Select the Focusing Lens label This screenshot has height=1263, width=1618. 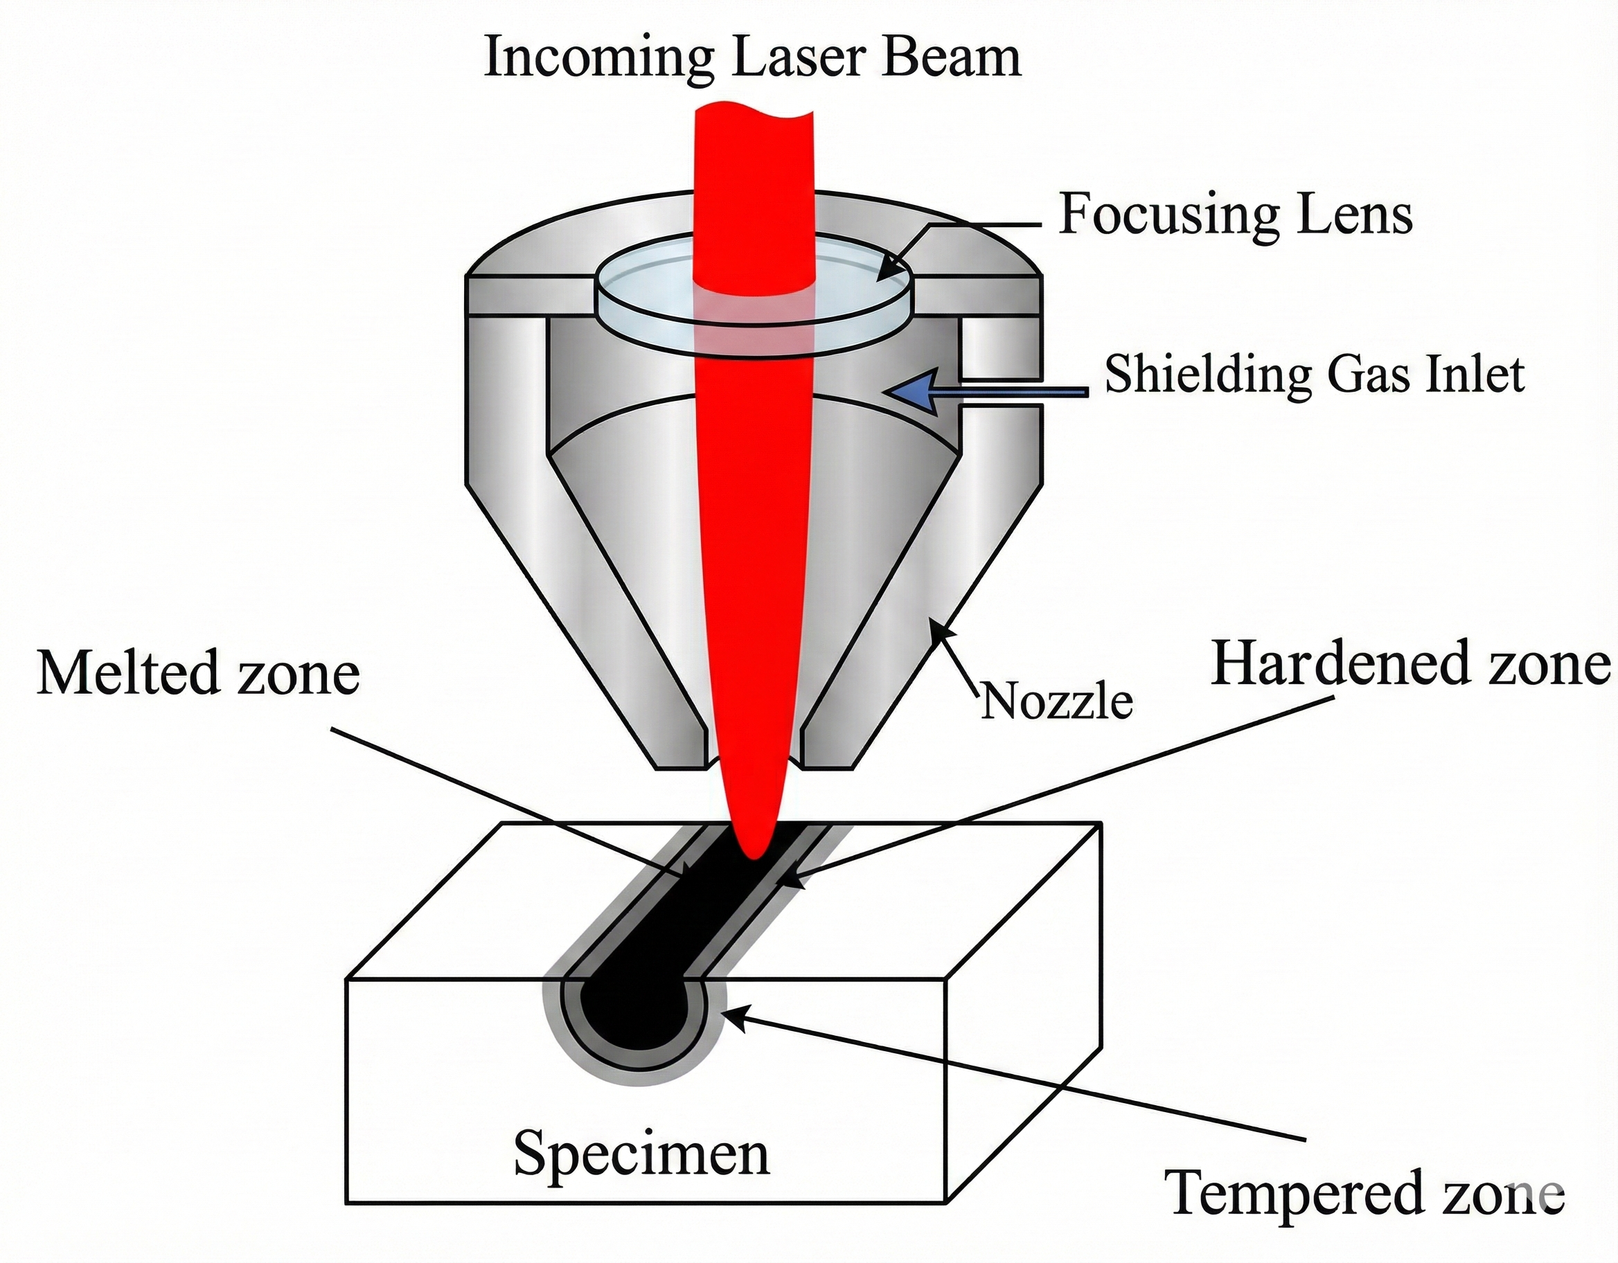(x=1236, y=214)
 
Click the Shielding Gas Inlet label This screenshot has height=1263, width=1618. (x=1314, y=374)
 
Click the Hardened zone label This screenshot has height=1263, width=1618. (x=1410, y=665)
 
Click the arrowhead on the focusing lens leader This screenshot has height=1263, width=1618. (x=885, y=275)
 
